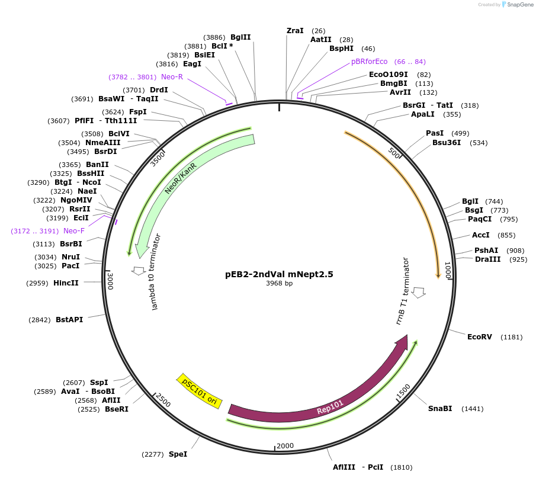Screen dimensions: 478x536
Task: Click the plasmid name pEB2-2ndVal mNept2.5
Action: point(279,274)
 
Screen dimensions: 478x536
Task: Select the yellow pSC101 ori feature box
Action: point(199,391)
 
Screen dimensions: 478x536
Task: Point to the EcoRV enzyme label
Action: point(479,337)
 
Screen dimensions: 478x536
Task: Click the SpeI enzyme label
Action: point(178,454)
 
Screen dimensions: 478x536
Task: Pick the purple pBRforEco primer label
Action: point(369,62)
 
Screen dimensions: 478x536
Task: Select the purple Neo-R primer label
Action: point(172,77)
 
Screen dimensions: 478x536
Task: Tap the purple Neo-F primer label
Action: point(74,231)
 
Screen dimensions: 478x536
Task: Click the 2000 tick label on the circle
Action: point(285,445)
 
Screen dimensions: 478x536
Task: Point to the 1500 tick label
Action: point(403,392)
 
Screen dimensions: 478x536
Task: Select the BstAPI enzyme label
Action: point(69,320)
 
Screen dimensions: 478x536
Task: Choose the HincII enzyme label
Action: point(66,283)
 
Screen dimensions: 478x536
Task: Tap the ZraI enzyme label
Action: point(295,30)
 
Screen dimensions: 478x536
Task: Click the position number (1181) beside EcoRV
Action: point(512,337)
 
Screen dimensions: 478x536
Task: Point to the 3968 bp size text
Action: point(279,284)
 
